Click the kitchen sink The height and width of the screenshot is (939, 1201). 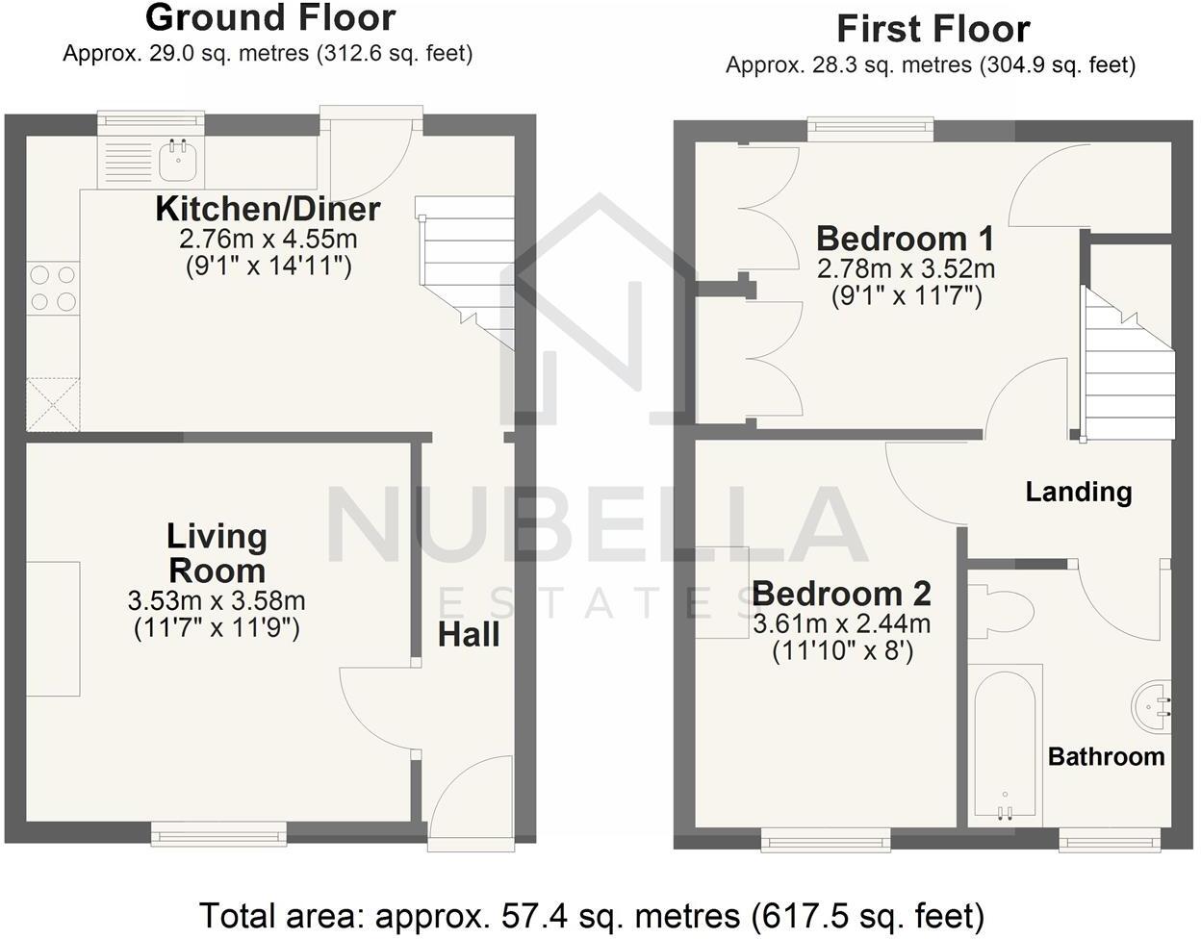pos(178,161)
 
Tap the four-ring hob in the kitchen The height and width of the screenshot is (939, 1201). pos(53,288)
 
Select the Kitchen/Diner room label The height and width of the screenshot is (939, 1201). pos(268,209)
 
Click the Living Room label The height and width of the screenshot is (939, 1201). pos(217,553)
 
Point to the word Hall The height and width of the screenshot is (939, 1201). pos(469,635)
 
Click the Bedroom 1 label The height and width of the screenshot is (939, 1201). pos(905,238)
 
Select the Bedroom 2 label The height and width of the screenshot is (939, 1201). pos(841,593)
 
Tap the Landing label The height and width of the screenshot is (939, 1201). pos(1078,493)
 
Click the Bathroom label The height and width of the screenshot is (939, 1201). pos(1106,756)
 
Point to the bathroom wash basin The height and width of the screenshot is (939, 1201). pos(1152,701)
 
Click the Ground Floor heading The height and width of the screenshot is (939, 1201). pos(270,17)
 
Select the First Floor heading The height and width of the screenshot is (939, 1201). pos(933,29)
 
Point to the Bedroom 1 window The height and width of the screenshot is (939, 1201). pos(870,128)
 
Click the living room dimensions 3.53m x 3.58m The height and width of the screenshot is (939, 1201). pos(217,602)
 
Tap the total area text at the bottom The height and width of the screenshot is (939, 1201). pos(591,914)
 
